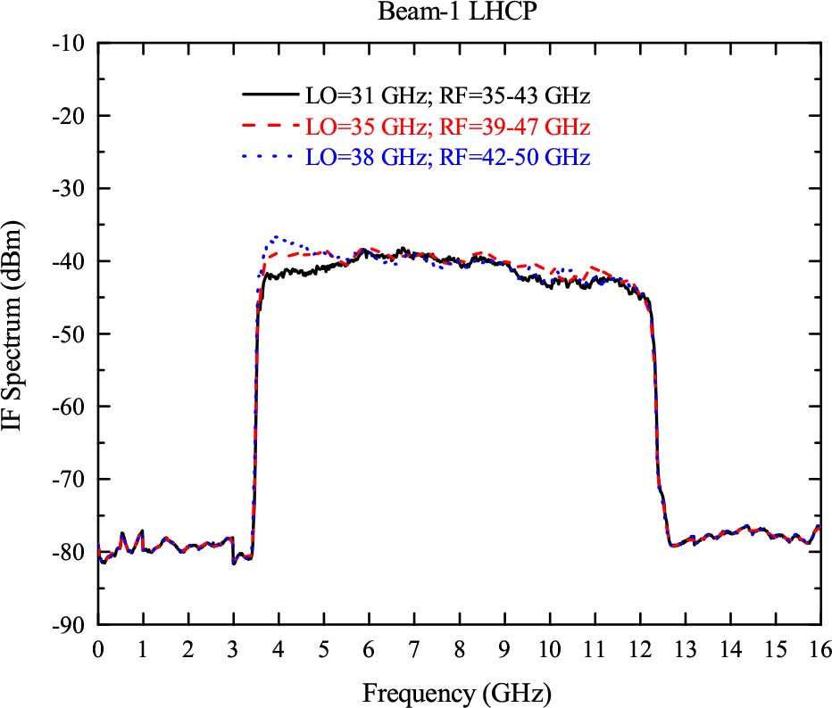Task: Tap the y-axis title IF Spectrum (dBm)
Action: point(19,333)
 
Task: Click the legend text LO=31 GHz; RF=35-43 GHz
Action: point(448,95)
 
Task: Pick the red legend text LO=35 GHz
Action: point(448,126)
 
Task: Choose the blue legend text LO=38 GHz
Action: point(448,157)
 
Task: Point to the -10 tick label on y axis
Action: point(69,44)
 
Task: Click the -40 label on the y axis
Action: point(69,261)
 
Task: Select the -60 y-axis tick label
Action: point(69,407)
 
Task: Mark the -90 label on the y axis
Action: point(69,625)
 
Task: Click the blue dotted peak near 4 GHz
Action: point(278,237)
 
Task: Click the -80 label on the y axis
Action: point(69,552)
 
